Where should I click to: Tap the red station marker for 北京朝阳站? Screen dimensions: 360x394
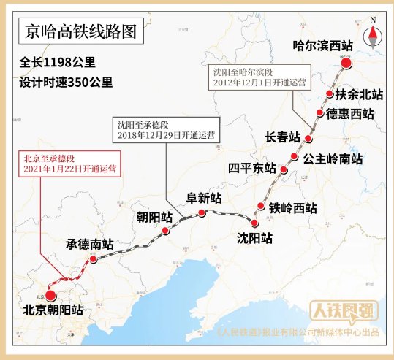pyautogui.click(x=50, y=295)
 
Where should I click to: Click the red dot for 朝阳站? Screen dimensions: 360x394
pyautogui.click(x=166, y=231)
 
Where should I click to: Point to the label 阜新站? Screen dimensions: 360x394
pyautogui.click(x=205, y=198)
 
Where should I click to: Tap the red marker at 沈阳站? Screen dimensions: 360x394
pyautogui.click(x=254, y=223)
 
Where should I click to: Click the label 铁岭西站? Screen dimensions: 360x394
pyautogui.click(x=292, y=207)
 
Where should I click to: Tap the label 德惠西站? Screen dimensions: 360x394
pyautogui.click(x=349, y=114)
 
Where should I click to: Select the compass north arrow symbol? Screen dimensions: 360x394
pyautogui.click(x=374, y=33)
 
